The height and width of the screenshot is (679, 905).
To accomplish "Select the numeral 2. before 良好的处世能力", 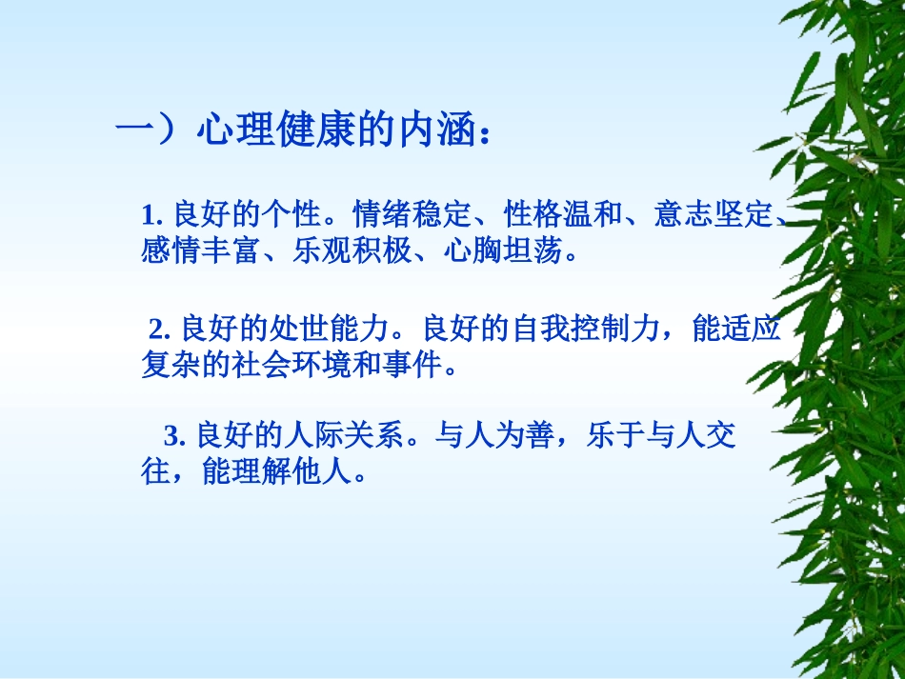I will [159, 330].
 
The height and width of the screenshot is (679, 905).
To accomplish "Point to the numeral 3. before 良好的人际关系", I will [174, 437].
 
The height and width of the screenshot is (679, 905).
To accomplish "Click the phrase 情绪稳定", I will [399, 215].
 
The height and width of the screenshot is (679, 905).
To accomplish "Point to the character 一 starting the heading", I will [132, 130].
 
